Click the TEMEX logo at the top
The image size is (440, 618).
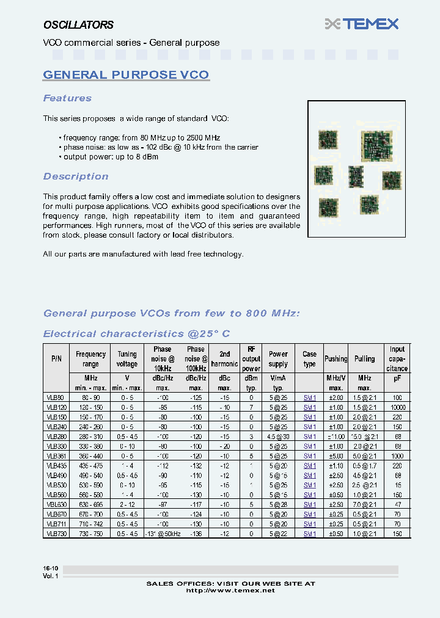point(362,24)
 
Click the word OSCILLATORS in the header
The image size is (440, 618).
point(78,25)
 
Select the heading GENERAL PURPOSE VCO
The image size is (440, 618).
point(126,75)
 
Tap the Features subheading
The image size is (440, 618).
point(67,98)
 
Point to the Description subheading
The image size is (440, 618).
point(76,176)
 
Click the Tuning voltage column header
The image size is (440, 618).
point(127,358)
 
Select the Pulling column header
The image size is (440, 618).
point(365,358)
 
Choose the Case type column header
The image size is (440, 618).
point(310,358)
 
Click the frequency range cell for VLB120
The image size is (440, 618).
point(91,407)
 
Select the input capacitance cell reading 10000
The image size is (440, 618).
point(397,407)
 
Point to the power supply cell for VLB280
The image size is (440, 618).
point(278,436)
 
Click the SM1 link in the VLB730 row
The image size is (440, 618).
point(310,534)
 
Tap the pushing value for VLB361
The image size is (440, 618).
point(335,456)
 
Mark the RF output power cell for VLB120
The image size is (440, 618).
point(251,407)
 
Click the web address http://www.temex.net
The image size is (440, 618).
point(230,591)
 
